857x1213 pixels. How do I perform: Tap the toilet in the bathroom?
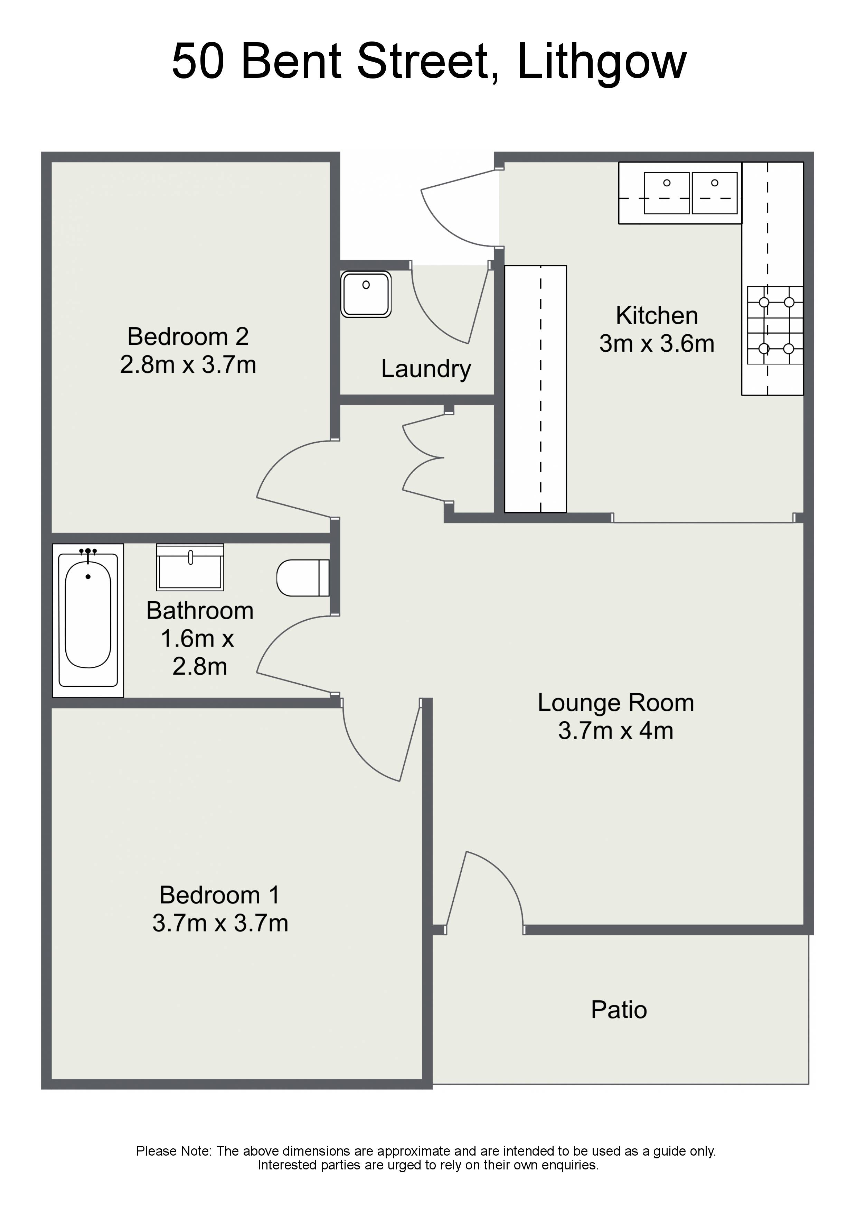(303, 577)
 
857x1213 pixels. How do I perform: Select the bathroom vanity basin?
(190, 567)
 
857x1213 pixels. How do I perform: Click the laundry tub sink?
(366, 294)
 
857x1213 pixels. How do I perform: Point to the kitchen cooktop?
(775, 325)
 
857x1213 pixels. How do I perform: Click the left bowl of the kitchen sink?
(666, 193)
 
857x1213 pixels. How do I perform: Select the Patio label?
(619, 1010)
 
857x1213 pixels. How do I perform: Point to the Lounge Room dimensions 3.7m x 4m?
(616, 731)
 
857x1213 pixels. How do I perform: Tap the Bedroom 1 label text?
(219, 895)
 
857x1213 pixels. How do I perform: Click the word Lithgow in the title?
(602, 62)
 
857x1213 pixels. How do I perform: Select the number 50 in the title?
(198, 62)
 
